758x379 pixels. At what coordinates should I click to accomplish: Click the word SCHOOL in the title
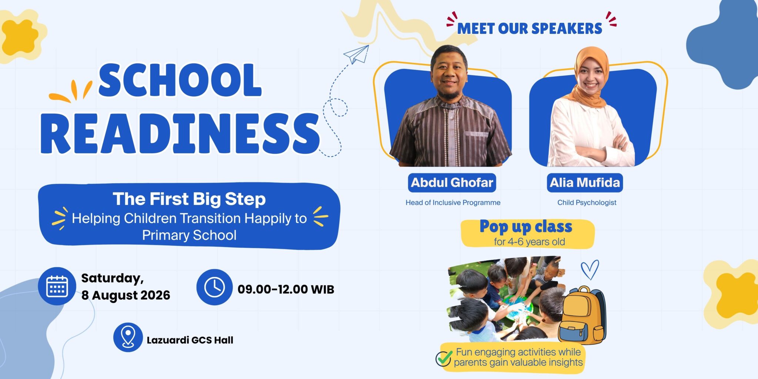click(180, 80)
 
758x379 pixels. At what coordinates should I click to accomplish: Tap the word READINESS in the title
click(180, 134)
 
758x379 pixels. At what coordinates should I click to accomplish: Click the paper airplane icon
click(356, 54)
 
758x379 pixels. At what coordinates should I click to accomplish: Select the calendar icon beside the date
click(57, 286)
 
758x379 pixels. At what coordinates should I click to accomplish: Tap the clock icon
click(214, 287)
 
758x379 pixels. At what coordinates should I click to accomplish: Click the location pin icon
click(128, 337)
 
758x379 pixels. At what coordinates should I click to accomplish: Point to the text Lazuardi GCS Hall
click(190, 340)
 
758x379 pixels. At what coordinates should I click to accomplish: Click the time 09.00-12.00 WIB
click(286, 289)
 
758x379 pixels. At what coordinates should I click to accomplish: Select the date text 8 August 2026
click(126, 295)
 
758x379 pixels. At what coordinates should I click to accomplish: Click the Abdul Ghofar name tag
click(452, 183)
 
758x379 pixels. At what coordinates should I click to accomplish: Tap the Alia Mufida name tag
click(585, 183)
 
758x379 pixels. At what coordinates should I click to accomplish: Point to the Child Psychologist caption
click(587, 203)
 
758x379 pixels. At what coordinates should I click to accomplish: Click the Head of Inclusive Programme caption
click(453, 203)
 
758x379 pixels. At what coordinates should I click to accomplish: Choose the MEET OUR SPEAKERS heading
click(530, 28)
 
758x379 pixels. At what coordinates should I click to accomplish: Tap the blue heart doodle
click(590, 269)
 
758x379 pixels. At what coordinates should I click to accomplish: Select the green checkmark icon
click(444, 358)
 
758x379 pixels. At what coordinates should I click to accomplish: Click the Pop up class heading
click(526, 227)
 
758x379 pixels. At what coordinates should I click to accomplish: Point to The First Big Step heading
click(189, 199)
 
